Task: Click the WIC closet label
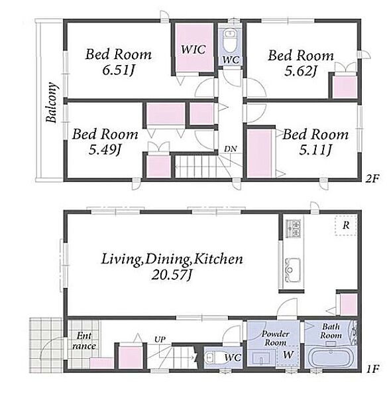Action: [x=193, y=49]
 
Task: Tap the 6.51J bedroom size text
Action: [x=118, y=70]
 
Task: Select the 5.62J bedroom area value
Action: [x=300, y=71]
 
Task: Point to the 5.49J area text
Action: [x=105, y=150]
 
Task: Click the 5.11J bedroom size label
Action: [x=315, y=151]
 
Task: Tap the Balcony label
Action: [x=52, y=103]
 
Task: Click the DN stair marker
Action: [x=230, y=149]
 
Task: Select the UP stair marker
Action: [x=160, y=339]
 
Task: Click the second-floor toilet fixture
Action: [x=230, y=40]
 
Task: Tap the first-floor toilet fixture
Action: [x=213, y=358]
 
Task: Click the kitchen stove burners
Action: [x=293, y=228]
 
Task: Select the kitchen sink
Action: [x=293, y=269]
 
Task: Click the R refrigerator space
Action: [x=346, y=225]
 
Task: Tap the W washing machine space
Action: [x=288, y=355]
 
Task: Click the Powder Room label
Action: [x=275, y=338]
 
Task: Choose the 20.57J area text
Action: [x=172, y=275]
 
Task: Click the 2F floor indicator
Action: [x=372, y=179]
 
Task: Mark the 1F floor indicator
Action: [x=372, y=369]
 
